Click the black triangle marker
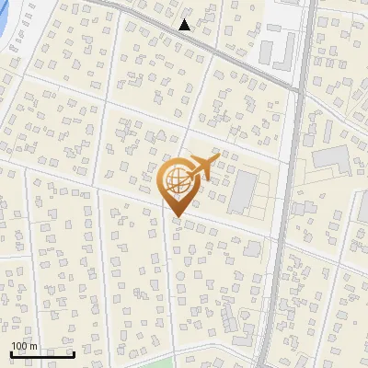[x=185, y=25]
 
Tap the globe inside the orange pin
[x=176, y=178]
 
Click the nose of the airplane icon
[x=217, y=159]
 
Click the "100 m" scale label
[x=24, y=346]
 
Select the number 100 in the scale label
[x=19, y=346]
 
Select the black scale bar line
[x=42, y=354]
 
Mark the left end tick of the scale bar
[x=12, y=353]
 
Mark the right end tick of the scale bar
[x=74, y=353]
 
